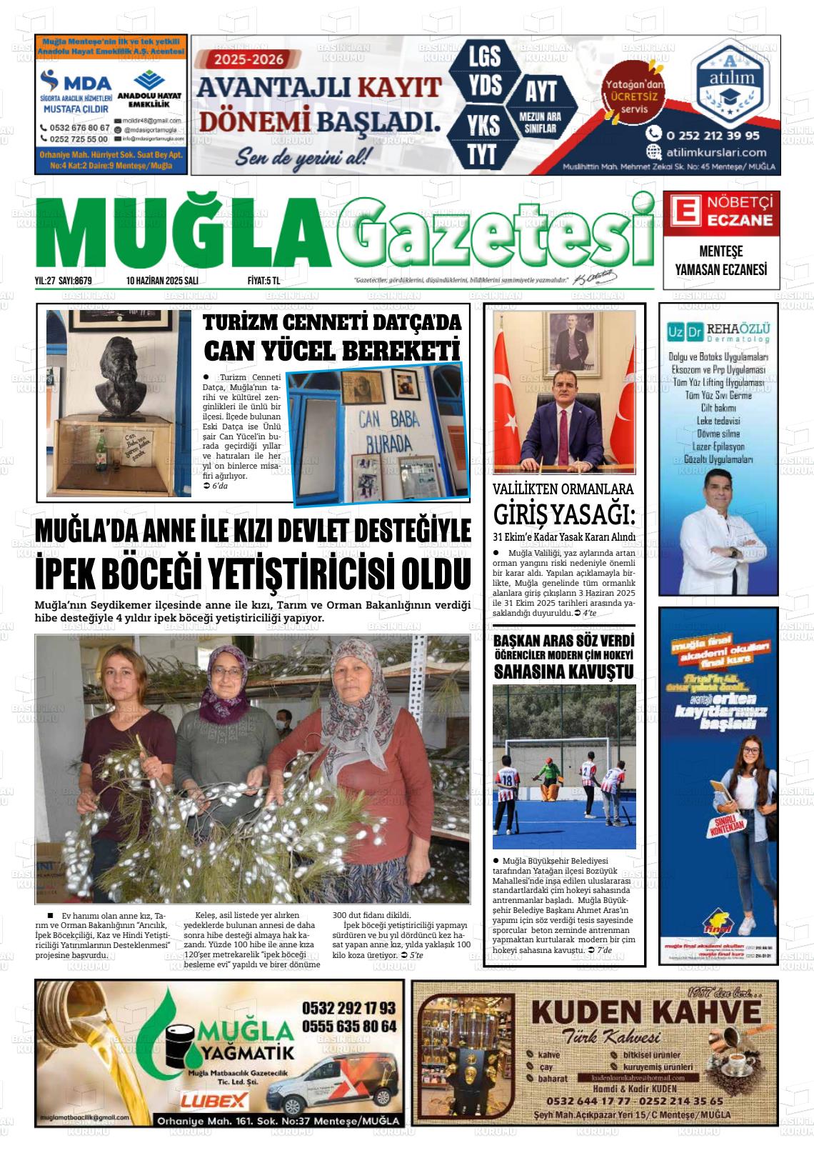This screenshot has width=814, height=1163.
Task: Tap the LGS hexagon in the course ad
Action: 485,56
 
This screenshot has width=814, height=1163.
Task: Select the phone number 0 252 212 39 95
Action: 713,134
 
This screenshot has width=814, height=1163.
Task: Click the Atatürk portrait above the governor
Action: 564,339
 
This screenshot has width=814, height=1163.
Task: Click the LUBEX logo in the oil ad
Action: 213,1101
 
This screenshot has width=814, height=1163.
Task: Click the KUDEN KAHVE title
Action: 645,1013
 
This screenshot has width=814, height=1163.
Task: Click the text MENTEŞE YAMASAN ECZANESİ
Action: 720,261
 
